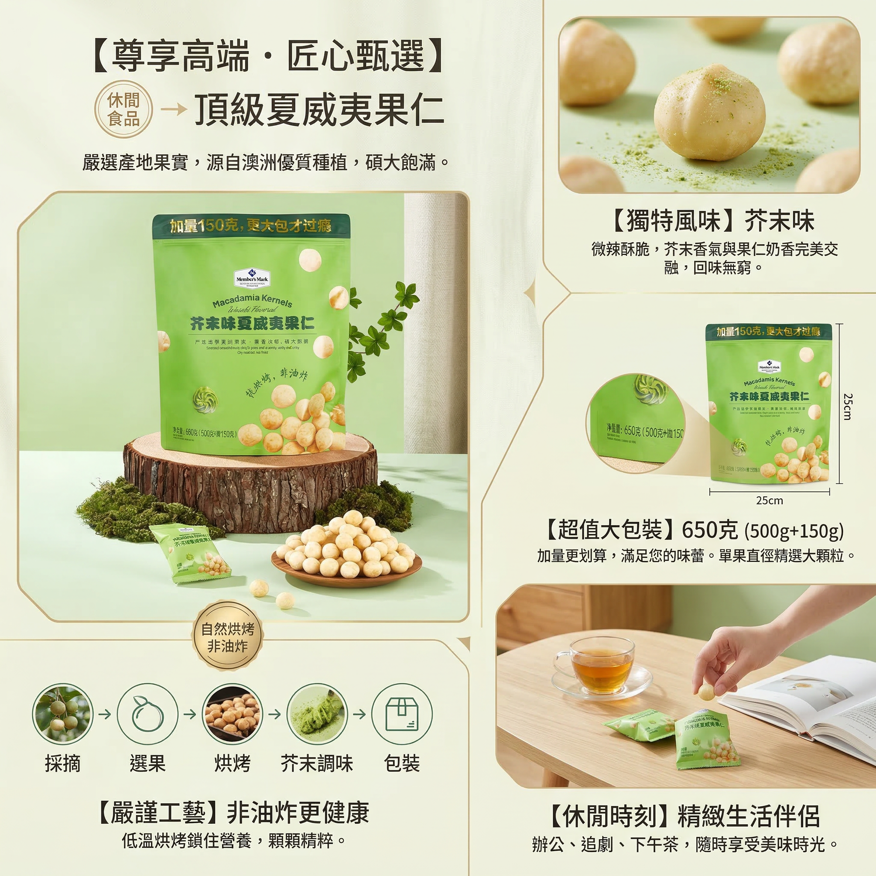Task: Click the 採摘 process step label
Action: click(62, 764)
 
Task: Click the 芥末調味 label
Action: click(317, 764)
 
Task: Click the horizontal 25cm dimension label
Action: click(769, 500)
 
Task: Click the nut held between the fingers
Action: click(705, 692)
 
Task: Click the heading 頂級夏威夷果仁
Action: click(319, 110)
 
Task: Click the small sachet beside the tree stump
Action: click(190, 554)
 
